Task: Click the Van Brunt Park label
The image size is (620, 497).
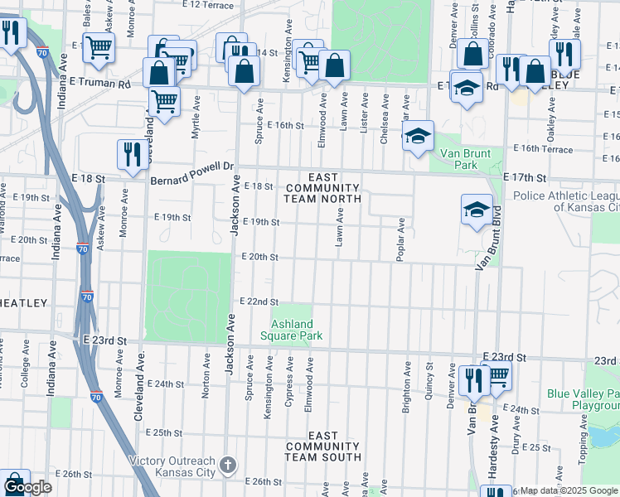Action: click(x=466, y=159)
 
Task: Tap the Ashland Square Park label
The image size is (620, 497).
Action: click(x=291, y=330)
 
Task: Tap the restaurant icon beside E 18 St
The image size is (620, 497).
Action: click(x=132, y=154)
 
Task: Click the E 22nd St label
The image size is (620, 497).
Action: click(x=259, y=302)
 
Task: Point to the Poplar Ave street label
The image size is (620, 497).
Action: click(x=400, y=239)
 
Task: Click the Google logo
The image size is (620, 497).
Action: click(x=28, y=487)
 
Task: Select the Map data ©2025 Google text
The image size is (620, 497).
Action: click(x=568, y=490)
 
